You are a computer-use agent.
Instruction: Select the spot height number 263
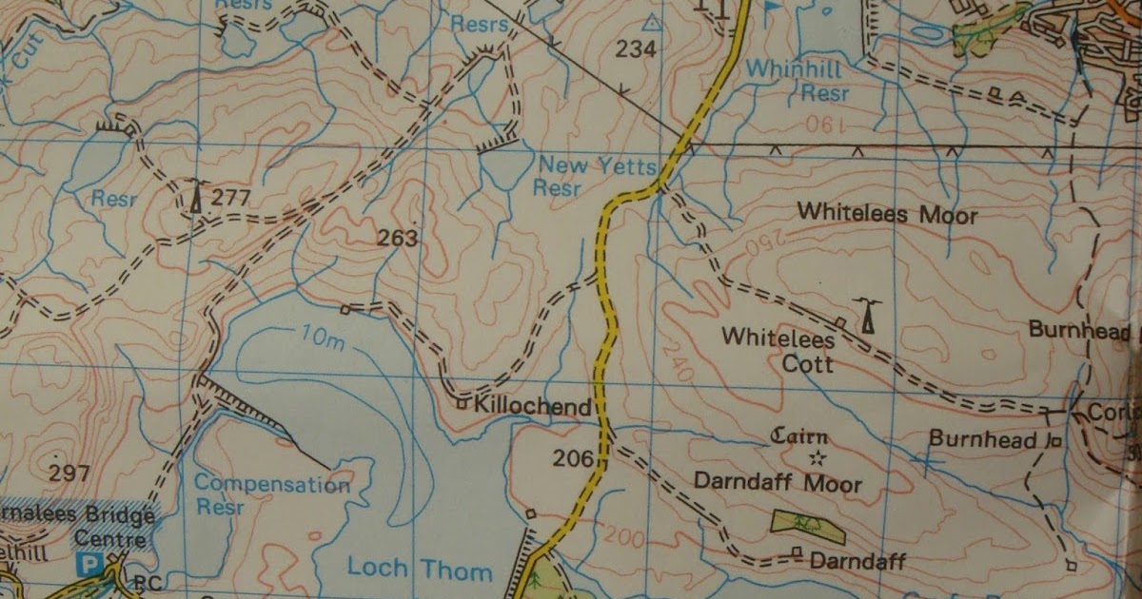click(x=397, y=239)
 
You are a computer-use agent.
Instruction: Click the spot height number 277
click(x=230, y=198)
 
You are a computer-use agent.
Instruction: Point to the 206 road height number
click(x=574, y=459)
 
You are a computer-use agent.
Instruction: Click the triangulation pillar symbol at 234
click(x=651, y=22)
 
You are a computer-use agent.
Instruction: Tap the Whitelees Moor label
click(x=887, y=215)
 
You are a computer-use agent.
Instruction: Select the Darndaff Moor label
click(x=778, y=482)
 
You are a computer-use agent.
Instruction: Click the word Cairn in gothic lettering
click(x=799, y=437)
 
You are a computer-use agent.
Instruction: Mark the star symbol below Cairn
click(x=817, y=458)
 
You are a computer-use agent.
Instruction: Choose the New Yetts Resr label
click(x=598, y=176)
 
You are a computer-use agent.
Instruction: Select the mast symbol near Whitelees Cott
click(x=866, y=316)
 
